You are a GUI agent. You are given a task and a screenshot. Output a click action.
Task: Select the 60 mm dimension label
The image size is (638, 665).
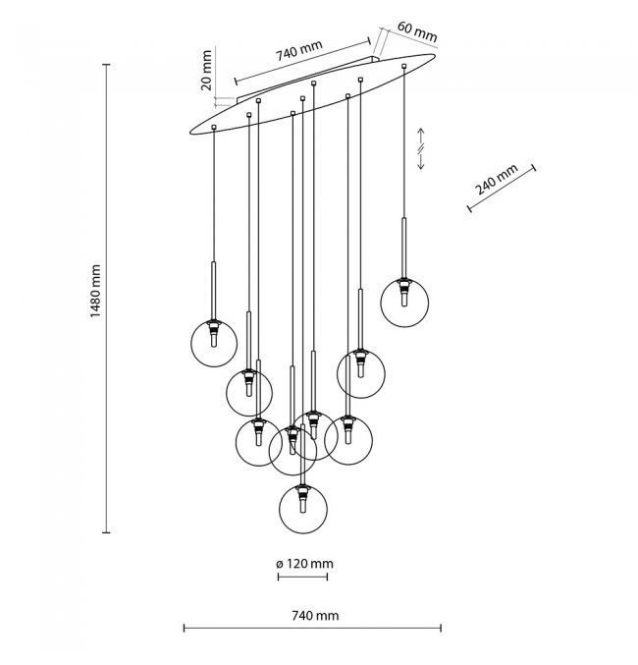(417, 32)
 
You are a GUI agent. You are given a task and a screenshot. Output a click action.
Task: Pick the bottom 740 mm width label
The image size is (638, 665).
(314, 615)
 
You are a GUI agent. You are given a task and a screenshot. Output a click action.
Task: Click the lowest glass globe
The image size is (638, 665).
(303, 506)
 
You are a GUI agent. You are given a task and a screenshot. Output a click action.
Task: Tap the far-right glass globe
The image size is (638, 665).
(404, 302)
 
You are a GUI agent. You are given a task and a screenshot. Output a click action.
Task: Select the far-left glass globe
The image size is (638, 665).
(213, 341)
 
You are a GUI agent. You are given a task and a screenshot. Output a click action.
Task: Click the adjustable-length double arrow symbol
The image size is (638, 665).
(421, 148)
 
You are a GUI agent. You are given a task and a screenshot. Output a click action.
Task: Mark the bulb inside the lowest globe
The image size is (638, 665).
(303, 506)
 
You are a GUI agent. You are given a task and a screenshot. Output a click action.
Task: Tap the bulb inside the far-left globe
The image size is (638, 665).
(213, 336)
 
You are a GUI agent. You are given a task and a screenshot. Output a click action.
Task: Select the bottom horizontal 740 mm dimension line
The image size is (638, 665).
(313, 629)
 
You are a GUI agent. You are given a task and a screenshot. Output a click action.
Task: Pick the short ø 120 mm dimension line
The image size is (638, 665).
(303, 577)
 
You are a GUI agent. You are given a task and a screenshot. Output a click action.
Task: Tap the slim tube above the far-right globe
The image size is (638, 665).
(403, 246)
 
